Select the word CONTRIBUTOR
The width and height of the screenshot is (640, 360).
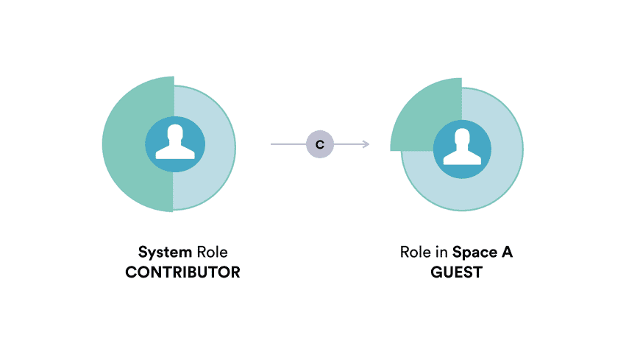[183, 272]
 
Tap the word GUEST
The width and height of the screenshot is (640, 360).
[456, 272]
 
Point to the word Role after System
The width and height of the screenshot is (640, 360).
[213, 252]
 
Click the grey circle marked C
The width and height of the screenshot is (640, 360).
[320, 144]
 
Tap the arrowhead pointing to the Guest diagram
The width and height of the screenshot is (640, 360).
[366, 144]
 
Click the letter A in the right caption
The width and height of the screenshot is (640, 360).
[507, 252]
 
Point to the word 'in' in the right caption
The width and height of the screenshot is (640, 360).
[441, 252]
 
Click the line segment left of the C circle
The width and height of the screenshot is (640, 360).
[288, 144]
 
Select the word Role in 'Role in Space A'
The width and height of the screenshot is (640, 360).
[416, 252]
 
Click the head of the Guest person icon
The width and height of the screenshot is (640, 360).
[462, 138]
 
